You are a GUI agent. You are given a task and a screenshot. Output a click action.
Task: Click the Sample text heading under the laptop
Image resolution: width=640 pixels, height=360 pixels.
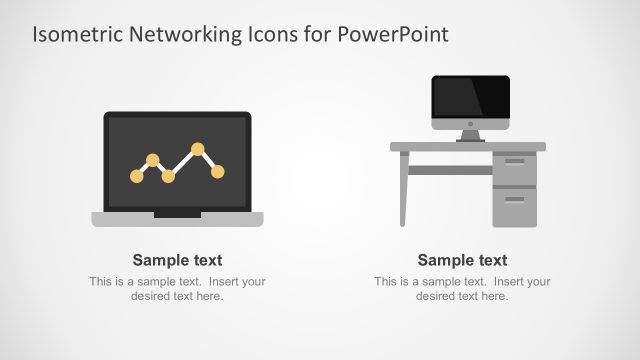[177, 260]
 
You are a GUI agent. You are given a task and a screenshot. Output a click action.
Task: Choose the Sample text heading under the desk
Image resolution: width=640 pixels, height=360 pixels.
[462, 260]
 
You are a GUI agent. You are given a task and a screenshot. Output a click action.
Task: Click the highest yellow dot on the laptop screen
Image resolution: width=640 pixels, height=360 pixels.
[198, 149]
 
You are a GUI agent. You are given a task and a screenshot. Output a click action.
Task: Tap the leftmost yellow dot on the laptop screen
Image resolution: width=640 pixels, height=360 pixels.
[137, 176]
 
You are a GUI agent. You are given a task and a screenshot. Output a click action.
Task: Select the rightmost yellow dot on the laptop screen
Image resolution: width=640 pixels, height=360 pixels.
[218, 172]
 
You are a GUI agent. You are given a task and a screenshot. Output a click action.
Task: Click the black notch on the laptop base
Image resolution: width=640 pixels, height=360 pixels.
[177, 214]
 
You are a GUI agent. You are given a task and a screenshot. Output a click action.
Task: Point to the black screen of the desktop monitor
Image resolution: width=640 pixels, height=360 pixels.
[470, 99]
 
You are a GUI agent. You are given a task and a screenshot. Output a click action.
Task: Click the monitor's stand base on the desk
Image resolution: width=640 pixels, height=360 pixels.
[470, 140]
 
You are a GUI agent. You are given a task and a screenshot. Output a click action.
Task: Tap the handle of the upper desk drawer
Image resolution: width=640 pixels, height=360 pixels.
[515, 161]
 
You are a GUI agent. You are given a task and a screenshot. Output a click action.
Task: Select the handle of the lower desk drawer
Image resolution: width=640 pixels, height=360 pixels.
[515, 198]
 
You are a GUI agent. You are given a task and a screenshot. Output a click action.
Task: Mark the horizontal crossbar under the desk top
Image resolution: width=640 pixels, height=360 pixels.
[450, 170]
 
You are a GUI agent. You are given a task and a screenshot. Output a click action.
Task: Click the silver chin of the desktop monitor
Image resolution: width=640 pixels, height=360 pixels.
[470, 123]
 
